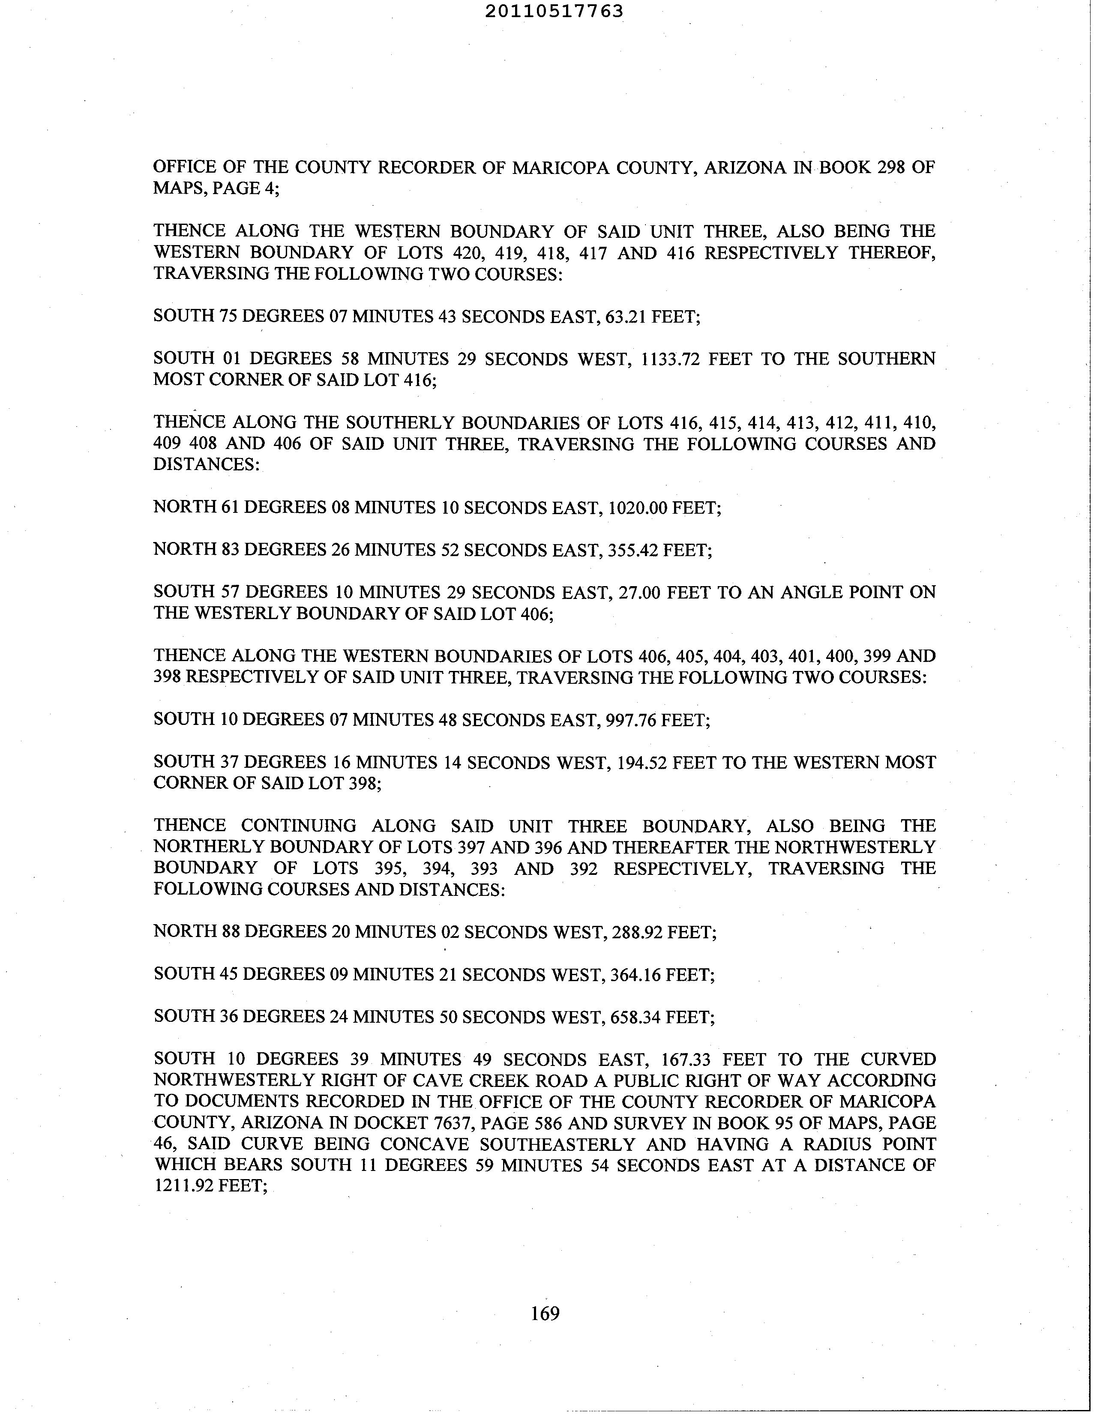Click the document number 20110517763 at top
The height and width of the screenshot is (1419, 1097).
click(554, 11)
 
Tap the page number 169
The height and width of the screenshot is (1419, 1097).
click(545, 1314)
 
